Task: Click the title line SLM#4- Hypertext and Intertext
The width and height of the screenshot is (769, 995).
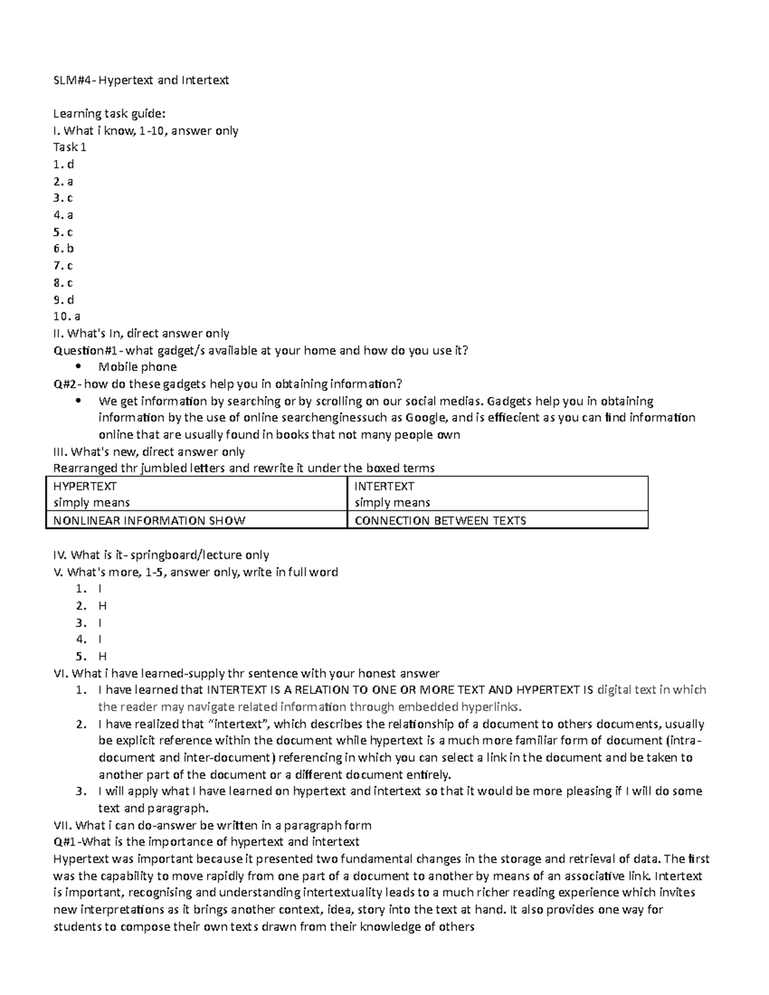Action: [140, 80]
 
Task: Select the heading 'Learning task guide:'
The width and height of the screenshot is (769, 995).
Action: [109, 114]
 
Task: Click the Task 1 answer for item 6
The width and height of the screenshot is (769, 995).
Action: [64, 249]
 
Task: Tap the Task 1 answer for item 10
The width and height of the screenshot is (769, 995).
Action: [67, 316]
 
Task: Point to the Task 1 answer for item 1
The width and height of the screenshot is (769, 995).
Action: [64, 164]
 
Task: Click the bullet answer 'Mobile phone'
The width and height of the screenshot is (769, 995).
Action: [137, 367]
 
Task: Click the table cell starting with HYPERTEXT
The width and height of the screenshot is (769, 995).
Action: [195, 494]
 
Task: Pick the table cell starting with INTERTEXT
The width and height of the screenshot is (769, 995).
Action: [497, 494]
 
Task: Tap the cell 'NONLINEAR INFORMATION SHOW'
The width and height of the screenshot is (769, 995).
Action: [149, 520]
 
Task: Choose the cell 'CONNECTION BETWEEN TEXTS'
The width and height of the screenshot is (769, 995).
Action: [440, 520]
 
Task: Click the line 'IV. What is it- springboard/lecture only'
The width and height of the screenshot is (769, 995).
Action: [161, 555]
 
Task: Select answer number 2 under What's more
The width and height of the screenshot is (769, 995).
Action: [102, 605]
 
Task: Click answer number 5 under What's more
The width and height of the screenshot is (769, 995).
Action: [102, 656]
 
